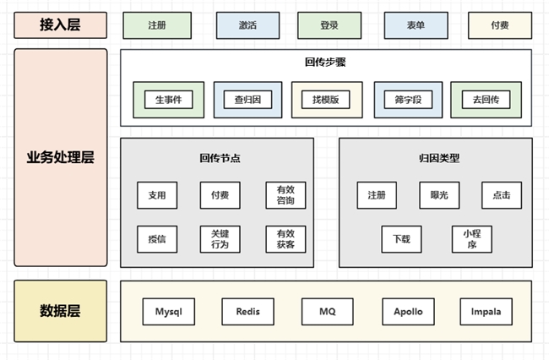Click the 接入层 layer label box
(x=61, y=25)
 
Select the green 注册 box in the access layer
(x=156, y=25)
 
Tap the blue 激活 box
(x=248, y=25)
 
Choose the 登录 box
(x=329, y=25)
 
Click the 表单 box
(x=416, y=25)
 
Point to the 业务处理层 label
(x=61, y=158)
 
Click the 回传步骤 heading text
(x=325, y=62)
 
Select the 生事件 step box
(x=168, y=100)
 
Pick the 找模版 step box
(x=326, y=100)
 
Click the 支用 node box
(x=157, y=195)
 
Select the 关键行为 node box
(x=220, y=239)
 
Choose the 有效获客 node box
(x=285, y=239)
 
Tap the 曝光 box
(x=439, y=195)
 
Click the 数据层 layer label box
(x=61, y=310)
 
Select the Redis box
(x=248, y=312)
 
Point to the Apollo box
(x=408, y=312)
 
